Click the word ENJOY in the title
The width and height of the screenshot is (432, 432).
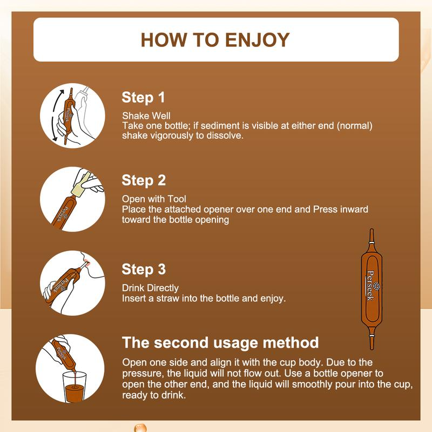tap(258, 40)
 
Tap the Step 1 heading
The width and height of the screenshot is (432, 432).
tap(143, 98)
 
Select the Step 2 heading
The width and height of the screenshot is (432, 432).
tap(144, 181)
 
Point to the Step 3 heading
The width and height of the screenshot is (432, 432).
tap(144, 269)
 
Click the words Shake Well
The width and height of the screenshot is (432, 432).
tap(146, 116)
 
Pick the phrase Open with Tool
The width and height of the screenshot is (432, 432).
tap(154, 199)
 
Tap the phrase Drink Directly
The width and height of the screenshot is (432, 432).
tap(151, 288)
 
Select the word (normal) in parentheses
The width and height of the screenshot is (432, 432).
tap(355, 126)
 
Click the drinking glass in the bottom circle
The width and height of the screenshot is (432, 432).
tap(75, 387)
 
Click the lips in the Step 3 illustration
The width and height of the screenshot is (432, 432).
tap(86, 262)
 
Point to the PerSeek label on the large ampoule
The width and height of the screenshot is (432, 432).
tap(372, 286)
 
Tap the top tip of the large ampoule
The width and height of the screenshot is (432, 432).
tap(372, 229)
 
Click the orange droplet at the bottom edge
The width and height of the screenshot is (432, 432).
tap(140, 428)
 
